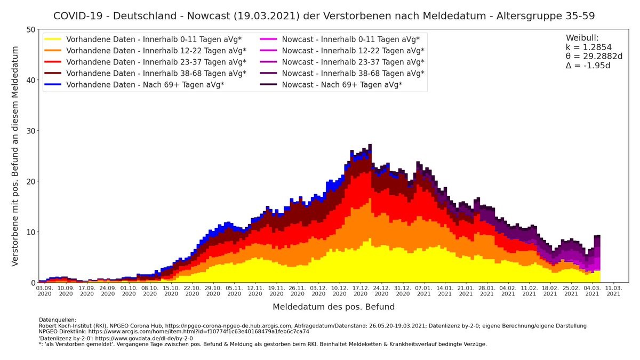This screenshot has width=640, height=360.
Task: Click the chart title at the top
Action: click(x=324, y=16)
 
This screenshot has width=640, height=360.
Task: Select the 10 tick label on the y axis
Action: click(x=30, y=232)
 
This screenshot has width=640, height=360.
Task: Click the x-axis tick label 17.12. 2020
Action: click(x=361, y=290)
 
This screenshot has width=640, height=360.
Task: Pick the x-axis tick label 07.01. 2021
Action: click(x=424, y=290)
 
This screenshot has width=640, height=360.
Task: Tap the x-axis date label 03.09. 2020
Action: click(x=45, y=290)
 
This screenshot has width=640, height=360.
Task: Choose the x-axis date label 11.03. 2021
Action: click(x=613, y=290)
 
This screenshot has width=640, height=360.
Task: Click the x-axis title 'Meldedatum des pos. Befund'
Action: click(x=334, y=307)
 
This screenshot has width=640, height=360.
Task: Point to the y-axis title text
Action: click(x=15, y=156)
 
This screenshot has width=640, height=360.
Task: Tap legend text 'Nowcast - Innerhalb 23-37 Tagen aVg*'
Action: click(x=353, y=62)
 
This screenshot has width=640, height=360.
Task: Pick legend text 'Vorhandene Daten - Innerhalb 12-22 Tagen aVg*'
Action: click(x=156, y=51)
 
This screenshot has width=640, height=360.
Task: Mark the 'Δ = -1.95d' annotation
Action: click(x=588, y=66)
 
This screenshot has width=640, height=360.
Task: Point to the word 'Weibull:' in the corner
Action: click(x=582, y=38)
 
